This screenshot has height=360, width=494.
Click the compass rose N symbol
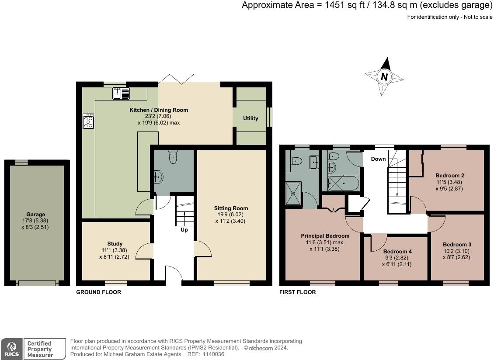click(x=384, y=77)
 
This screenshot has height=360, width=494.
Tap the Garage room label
click(x=35, y=215)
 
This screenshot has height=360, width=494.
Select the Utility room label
click(x=250, y=118)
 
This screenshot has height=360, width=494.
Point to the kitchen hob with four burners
click(x=88, y=121)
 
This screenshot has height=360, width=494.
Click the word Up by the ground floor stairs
click(x=184, y=230)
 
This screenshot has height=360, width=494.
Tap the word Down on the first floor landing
click(x=378, y=159)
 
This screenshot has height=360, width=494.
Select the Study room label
click(x=115, y=244)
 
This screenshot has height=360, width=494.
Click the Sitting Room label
click(x=231, y=208)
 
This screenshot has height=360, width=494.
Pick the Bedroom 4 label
click(x=397, y=252)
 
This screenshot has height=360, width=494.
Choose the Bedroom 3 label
click(x=457, y=245)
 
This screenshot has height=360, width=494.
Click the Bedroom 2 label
click(x=450, y=176)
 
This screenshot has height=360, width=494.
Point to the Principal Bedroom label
click(x=325, y=236)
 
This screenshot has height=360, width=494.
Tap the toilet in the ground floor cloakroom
click(x=174, y=158)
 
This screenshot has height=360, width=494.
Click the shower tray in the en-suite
click(x=293, y=193)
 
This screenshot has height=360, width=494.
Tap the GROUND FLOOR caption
click(x=98, y=292)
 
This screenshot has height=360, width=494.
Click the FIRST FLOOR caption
click(x=297, y=292)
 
